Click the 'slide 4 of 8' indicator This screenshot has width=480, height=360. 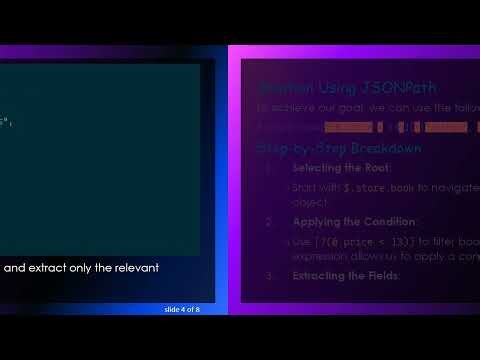click(x=183, y=310)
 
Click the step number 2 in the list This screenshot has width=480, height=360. click(x=269, y=221)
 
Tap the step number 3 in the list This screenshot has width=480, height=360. click(x=269, y=275)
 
